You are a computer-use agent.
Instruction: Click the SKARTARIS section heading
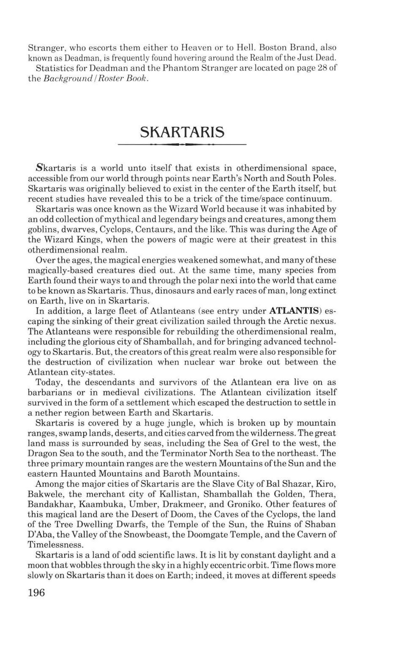tap(182, 132)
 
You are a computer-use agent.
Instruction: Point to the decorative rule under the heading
tap(182, 145)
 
